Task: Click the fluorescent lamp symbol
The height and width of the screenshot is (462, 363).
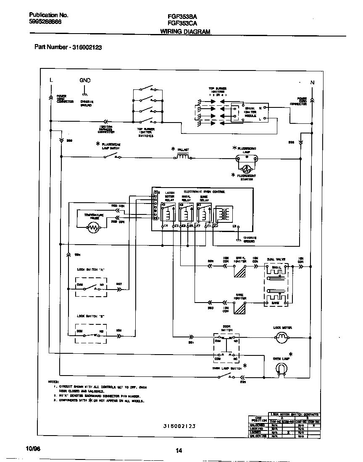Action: tap(247, 159)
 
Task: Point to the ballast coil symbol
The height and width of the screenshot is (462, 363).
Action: tap(183, 157)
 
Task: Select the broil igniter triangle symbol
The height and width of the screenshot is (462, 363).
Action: tap(240, 272)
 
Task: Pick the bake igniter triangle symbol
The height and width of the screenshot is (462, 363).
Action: tap(240, 309)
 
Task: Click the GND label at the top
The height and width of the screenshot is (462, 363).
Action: tap(85, 80)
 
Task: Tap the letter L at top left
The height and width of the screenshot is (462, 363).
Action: tap(51, 80)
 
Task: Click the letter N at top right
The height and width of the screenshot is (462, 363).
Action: tap(312, 83)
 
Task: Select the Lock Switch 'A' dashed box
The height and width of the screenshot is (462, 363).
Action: tap(91, 287)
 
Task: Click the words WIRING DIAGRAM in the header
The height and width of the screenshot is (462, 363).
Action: tap(185, 31)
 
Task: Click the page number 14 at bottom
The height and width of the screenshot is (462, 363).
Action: tap(179, 451)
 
